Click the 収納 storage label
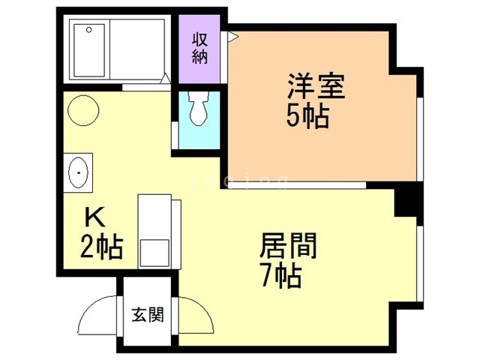(x=199, y=49)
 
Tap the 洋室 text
(x=315, y=87)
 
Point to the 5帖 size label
(x=307, y=116)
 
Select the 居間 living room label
(x=289, y=246)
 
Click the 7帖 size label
(x=281, y=276)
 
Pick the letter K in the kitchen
(x=94, y=218)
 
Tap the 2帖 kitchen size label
(x=101, y=246)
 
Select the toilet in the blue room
(x=198, y=109)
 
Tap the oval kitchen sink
(x=78, y=174)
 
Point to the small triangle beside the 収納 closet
(x=232, y=36)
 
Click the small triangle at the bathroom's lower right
(x=166, y=77)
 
